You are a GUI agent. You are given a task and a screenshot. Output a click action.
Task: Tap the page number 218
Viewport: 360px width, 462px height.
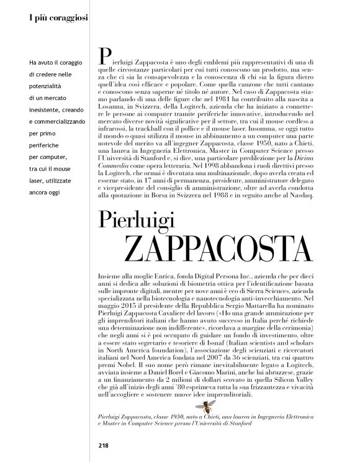coord(103,445)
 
